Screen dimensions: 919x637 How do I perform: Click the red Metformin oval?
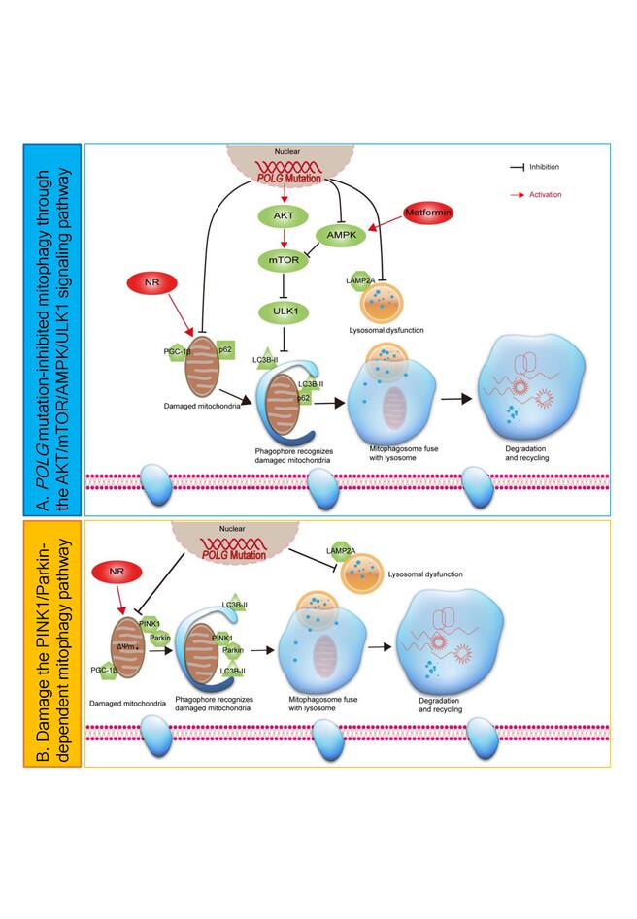429,211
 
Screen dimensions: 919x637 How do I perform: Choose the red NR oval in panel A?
151,283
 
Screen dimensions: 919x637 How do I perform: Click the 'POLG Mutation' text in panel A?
293,179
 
